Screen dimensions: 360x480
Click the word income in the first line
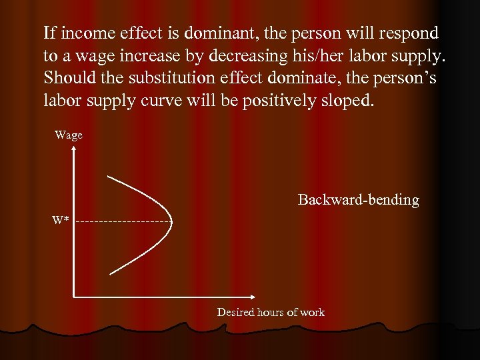coord(83,33)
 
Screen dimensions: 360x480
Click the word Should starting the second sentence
coord(65,78)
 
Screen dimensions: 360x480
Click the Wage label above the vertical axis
coord(69,135)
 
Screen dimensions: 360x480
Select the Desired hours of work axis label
coord(271,312)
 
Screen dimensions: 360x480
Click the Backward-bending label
coord(358,200)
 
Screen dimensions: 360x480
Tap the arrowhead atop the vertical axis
coord(73,149)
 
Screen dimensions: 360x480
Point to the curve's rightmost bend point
coord(172,221)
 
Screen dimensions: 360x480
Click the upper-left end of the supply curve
coord(108,176)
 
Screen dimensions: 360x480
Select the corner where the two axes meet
coord(73,295)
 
